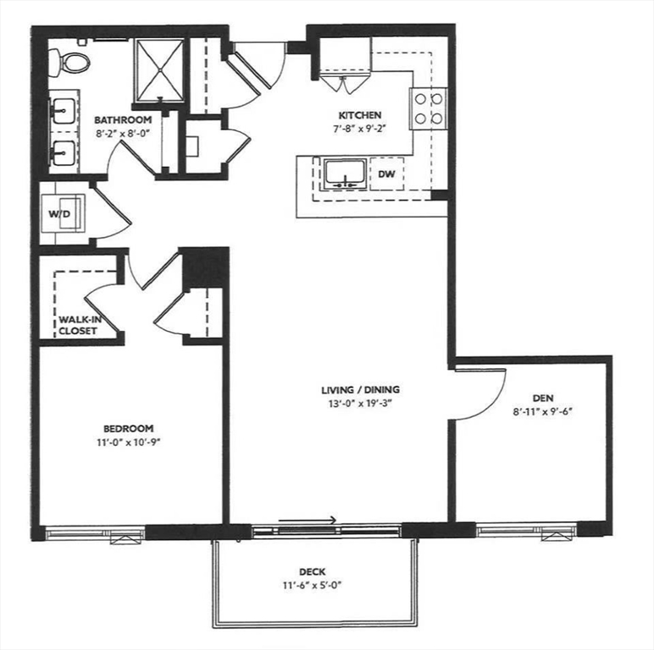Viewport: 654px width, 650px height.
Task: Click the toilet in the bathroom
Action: (x=70, y=60)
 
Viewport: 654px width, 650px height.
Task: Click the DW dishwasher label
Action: (x=387, y=174)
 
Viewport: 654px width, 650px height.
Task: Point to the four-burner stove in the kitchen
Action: (x=429, y=108)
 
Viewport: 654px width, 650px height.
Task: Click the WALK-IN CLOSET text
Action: (x=77, y=325)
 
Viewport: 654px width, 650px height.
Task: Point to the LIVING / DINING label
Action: (x=360, y=389)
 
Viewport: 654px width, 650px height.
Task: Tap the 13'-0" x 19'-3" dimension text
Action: (x=360, y=403)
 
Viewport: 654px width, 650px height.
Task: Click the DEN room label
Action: (x=543, y=397)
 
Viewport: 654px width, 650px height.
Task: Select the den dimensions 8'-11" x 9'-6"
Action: (x=543, y=410)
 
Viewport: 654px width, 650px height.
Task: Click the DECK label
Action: (x=313, y=571)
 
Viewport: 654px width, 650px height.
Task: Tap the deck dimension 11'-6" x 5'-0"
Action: (x=313, y=585)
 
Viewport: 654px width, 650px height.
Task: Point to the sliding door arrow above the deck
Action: (x=308, y=520)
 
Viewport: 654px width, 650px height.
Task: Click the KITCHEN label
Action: (x=360, y=115)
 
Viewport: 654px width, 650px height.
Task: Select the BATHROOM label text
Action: (x=123, y=119)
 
